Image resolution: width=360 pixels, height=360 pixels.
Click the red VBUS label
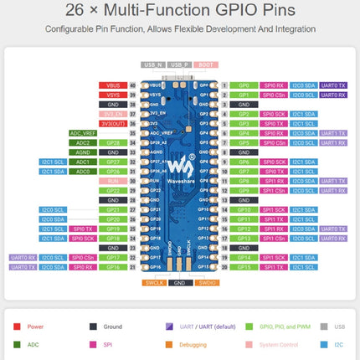click(x=113, y=85)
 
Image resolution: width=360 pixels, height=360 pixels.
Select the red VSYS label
click(x=113, y=95)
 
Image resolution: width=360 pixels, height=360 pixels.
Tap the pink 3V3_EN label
click(x=113, y=114)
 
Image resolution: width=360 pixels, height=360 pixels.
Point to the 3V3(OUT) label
click(x=113, y=123)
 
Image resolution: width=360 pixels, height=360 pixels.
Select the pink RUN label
click(x=113, y=181)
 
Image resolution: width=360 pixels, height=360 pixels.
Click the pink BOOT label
click(x=205, y=64)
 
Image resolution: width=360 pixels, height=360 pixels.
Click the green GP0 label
click(x=244, y=85)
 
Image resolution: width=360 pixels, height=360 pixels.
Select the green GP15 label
click(x=244, y=267)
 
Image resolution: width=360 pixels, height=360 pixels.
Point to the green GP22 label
click(x=113, y=190)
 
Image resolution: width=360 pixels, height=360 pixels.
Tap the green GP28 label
click(x=113, y=142)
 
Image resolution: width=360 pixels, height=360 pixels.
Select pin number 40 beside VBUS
click(x=132, y=85)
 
